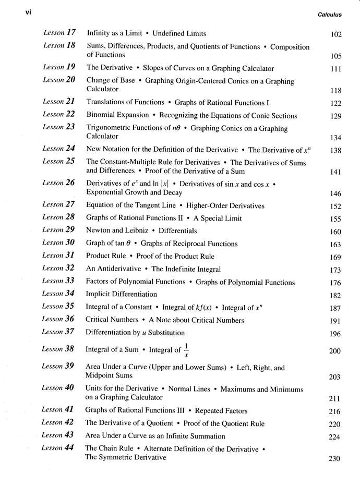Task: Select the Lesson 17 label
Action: point(61,33)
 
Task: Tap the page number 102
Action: point(335,35)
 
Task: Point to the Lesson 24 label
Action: point(61,149)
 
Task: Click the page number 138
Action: point(335,151)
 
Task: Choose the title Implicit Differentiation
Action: point(121,294)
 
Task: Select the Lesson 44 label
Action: point(61,448)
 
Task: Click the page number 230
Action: point(335,459)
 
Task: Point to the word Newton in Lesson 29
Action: point(99,230)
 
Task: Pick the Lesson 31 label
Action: point(61,256)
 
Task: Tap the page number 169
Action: point(335,257)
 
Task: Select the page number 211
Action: point(335,399)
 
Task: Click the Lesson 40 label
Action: point(61,388)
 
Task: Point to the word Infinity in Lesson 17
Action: point(99,33)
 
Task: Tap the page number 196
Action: point(335,334)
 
